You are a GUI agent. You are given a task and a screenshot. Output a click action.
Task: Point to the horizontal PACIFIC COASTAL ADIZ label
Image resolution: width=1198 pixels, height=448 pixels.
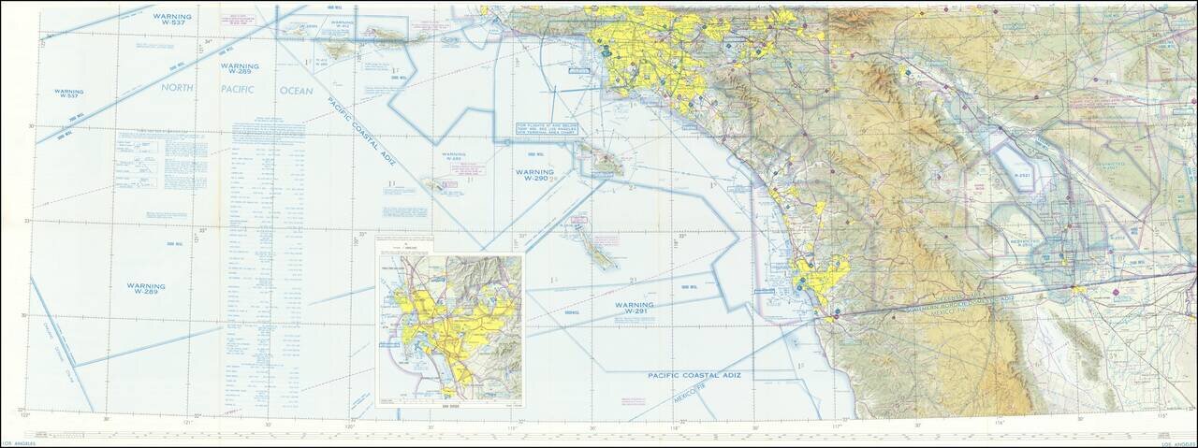pos(694,374)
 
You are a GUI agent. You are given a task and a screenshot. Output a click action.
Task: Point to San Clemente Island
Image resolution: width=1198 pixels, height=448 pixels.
pos(597,245)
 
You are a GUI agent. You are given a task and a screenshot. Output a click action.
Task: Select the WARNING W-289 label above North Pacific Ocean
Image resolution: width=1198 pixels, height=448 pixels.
pos(240,68)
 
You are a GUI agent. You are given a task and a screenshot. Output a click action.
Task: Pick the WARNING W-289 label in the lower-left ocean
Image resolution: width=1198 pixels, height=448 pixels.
pos(146,289)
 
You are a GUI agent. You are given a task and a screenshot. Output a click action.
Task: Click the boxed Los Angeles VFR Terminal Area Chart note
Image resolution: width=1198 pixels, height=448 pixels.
pos(542,129)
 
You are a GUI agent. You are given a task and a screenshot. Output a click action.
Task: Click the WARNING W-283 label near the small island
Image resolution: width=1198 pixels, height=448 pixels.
pos(454,158)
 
